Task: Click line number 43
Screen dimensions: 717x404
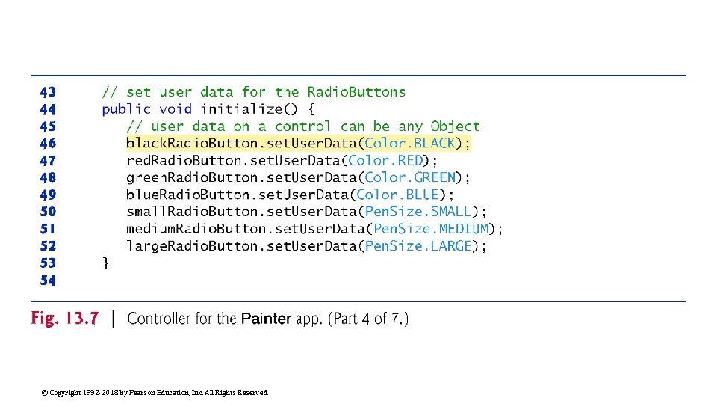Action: pyautogui.click(x=48, y=92)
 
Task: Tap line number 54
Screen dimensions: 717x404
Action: pyautogui.click(x=48, y=281)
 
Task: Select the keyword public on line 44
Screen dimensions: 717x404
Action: pyautogui.click(x=126, y=109)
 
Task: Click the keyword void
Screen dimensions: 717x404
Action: pyautogui.click(x=176, y=109)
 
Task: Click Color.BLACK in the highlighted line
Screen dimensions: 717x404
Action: pyautogui.click(x=410, y=144)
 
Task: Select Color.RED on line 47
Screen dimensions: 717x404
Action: pyautogui.click(x=385, y=161)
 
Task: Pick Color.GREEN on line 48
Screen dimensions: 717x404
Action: pyautogui.click(x=410, y=178)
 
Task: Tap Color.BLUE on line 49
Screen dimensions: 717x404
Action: pyautogui.click(x=398, y=195)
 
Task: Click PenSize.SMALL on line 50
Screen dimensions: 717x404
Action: pyautogui.click(x=418, y=212)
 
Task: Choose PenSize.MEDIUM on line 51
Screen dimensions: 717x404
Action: pyautogui.click(x=431, y=229)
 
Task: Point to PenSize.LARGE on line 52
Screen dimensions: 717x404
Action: pyautogui.click(x=418, y=246)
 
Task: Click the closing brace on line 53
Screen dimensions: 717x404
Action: pyautogui.click(x=105, y=263)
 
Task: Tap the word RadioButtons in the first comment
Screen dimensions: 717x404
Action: pyautogui.click(x=356, y=92)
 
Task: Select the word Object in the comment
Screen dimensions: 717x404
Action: pyautogui.click(x=456, y=126)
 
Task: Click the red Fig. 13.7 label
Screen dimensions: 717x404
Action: pyautogui.click(x=65, y=319)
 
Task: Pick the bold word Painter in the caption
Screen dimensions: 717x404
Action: pyautogui.click(x=266, y=319)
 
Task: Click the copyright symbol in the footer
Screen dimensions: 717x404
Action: pyautogui.click(x=45, y=393)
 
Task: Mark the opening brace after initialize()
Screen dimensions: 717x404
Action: pyautogui.click(x=311, y=109)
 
